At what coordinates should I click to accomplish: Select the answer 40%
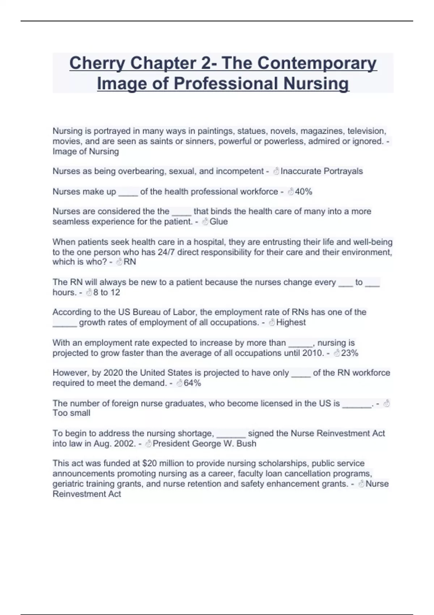[303, 192]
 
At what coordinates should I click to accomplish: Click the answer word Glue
[218, 221]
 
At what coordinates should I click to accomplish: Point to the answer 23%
[349, 353]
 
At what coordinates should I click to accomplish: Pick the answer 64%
[192, 383]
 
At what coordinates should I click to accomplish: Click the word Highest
[291, 322]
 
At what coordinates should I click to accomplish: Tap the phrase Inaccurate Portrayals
[322, 171]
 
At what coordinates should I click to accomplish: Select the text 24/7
[166, 252]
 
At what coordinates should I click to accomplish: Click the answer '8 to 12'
[106, 292]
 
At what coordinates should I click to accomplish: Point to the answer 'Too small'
[71, 413]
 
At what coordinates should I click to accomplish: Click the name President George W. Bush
[204, 444]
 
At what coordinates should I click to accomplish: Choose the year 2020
[113, 373]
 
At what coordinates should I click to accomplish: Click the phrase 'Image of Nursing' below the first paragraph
[86, 152]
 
